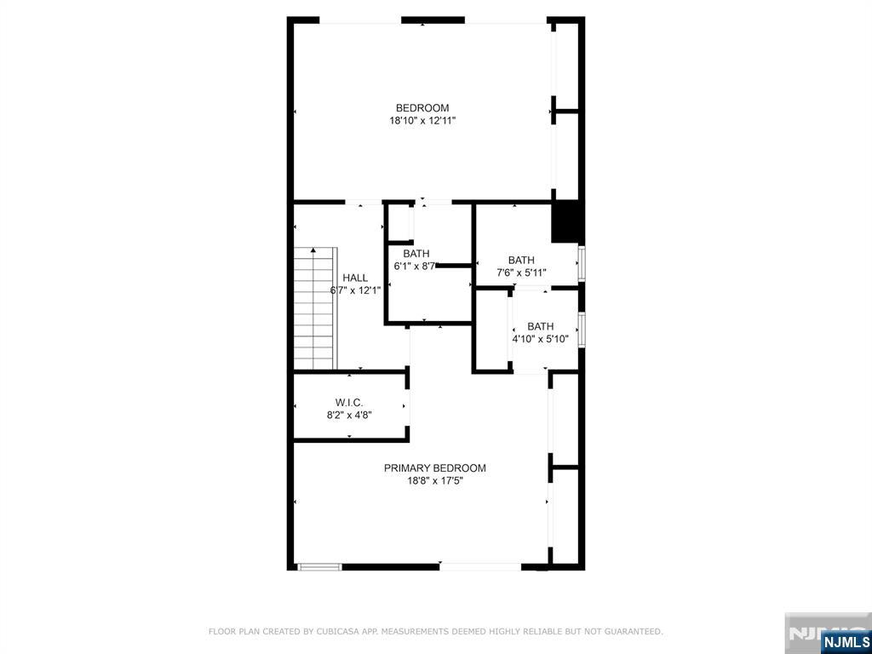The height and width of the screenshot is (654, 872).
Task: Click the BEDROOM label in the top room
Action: coord(422,107)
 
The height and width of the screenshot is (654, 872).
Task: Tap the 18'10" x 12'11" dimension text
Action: coord(422,121)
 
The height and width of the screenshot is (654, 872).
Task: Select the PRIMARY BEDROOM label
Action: coord(434,468)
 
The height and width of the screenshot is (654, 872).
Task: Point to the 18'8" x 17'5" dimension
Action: coord(434,480)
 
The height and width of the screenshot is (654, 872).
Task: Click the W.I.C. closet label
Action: coord(349,402)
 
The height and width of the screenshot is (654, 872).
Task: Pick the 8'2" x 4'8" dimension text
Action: coord(349,415)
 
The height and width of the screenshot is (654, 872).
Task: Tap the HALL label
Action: coord(355,278)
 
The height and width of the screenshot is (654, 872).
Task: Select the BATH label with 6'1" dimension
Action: coord(416,253)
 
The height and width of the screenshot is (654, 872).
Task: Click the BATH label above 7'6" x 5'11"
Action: coord(521,260)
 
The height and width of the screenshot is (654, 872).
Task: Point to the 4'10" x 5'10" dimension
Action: coord(540,339)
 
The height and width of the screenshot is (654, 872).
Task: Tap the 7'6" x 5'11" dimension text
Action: coord(521,272)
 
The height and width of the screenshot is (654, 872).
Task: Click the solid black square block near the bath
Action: coord(565,222)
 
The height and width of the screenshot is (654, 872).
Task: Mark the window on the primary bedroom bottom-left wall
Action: coord(319,566)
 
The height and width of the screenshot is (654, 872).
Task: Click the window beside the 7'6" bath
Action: coord(582,264)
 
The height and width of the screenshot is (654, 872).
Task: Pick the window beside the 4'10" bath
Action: coord(582,329)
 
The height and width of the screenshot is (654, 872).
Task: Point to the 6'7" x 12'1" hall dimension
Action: coord(355,290)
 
